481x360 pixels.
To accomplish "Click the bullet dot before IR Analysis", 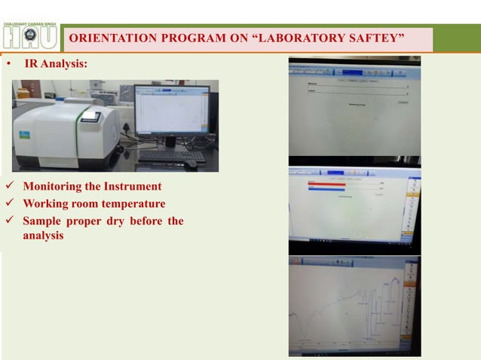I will coord(8,66).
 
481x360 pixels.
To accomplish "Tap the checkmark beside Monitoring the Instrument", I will coord(9,186).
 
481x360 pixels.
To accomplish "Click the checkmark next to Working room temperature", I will coord(9,203).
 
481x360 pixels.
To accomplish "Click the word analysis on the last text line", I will coord(43,235).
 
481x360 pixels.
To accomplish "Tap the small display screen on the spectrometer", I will coord(90,117).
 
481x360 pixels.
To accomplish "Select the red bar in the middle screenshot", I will coord(326,183).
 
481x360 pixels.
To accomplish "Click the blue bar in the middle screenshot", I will coord(326,190).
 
